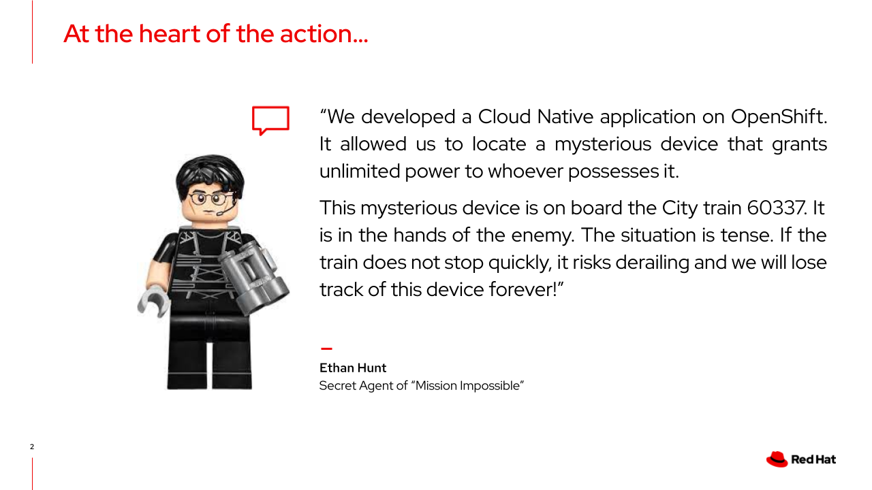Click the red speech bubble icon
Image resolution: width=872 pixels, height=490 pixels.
point(270,120)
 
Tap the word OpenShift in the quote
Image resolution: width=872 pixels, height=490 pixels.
point(778,117)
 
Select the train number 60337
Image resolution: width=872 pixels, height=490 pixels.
point(777,208)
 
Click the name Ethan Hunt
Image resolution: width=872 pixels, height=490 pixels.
point(353,368)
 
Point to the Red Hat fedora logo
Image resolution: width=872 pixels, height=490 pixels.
point(777,459)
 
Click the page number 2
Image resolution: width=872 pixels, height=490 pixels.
point(32,447)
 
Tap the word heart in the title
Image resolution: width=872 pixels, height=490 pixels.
point(170,34)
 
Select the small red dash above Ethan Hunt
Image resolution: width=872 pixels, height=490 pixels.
point(326,348)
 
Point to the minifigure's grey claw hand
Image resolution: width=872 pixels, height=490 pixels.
point(154,300)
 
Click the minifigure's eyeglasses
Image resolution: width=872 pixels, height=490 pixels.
point(209,199)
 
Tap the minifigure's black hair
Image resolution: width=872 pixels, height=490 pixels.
point(211,175)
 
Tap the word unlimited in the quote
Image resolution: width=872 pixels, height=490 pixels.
point(360,171)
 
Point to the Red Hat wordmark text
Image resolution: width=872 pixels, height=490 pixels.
point(813,459)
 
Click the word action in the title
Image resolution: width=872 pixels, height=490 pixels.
point(324,34)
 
